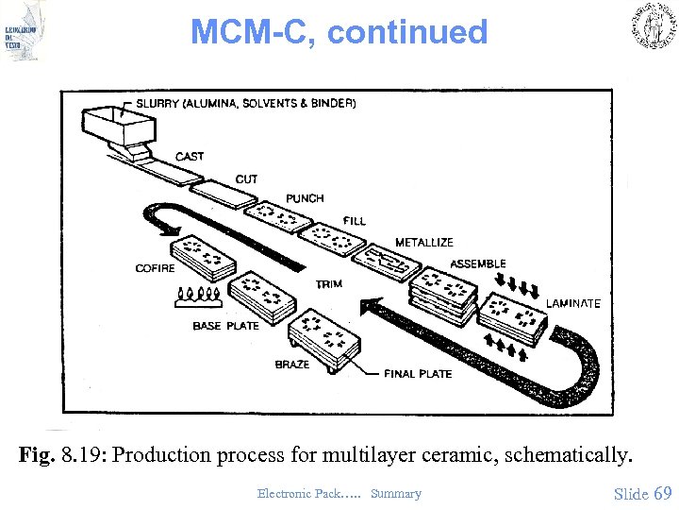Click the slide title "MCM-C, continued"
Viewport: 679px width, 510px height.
339,32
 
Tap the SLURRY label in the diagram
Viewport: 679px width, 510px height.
161,103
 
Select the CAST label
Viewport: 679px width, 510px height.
190,157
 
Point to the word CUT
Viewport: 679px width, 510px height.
246,179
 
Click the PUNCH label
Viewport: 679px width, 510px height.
305,198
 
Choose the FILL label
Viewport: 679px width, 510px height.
355,221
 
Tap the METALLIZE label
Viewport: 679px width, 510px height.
423,243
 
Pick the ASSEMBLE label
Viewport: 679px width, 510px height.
478,263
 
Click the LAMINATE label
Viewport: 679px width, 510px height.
573,303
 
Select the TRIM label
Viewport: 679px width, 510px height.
329,284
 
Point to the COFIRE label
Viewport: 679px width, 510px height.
155,268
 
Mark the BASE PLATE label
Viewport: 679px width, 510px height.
225,326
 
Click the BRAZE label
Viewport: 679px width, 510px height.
291,365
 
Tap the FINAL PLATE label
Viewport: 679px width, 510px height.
418,374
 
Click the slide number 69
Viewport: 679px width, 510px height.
662,493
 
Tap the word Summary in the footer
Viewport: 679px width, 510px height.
396,494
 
